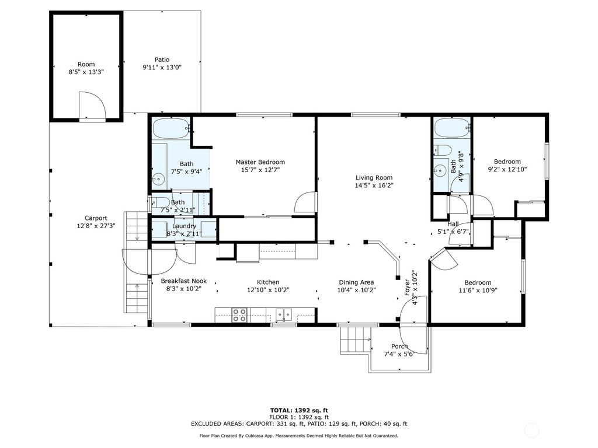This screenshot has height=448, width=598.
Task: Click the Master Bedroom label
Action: pyautogui.click(x=260, y=162)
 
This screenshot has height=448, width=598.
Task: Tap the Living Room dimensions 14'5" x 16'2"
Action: pyautogui.click(x=374, y=185)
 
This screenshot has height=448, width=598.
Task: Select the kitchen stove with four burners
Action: pyautogui.click(x=239, y=315)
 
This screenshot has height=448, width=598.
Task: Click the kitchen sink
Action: pyautogui.click(x=284, y=314)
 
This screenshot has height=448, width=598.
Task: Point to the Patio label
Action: pyautogui.click(x=162, y=60)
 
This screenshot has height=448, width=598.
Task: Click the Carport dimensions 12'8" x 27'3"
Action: pyautogui.click(x=96, y=226)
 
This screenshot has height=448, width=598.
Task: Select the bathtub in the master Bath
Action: pyautogui.click(x=171, y=128)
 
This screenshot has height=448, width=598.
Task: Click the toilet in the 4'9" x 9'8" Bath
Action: pyautogui.click(x=443, y=150)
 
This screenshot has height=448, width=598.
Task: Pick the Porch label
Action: pyautogui.click(x=399, y=346)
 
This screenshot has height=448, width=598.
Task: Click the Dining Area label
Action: pyautogui.click(x=356, y=282)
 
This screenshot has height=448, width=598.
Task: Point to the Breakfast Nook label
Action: pyautogui.click(x=184, y=281)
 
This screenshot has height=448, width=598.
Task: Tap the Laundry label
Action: pyautogui.click(x=184, y=226)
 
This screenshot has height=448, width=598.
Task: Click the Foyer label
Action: pyautogui.click(x=407, y=288)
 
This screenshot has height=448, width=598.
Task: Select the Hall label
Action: pyautogui.click(x=453, y=224)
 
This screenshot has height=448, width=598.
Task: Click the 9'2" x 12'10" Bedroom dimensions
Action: pyautogui.click(x=507, y=170)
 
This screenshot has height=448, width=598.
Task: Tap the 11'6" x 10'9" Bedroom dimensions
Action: pyautogui.click(x=478, y=290)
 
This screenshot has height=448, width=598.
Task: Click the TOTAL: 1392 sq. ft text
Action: pyautogui.click(x=299, y=410)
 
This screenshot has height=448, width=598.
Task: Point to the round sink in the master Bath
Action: pyautogui.click(x=158, y=179)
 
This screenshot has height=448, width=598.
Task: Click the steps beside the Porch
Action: pyautogui.click(x=356, y=340)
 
